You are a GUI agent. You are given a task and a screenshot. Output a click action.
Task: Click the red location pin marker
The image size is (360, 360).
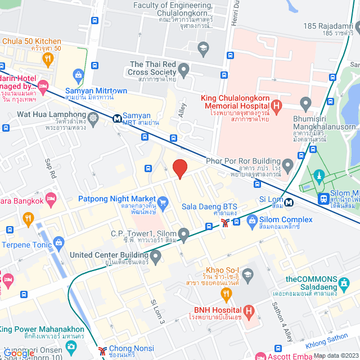point(179,169)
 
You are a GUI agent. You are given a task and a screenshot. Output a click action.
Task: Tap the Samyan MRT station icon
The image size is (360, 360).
point(116,118)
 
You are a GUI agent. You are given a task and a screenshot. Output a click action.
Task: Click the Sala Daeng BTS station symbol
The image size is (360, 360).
point(225,223)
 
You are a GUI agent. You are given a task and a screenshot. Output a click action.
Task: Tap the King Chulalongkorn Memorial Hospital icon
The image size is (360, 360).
point(276,105)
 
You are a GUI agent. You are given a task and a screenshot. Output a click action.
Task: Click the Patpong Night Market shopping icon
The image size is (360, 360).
point(163,202)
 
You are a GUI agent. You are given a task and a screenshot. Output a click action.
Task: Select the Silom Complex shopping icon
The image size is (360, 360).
point(251,219)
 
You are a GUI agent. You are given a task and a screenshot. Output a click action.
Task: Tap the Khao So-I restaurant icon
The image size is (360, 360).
point(227,292)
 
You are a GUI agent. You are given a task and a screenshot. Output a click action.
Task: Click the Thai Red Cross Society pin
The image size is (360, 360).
point(183,70)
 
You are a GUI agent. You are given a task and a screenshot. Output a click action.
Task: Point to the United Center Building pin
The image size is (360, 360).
point(155,257)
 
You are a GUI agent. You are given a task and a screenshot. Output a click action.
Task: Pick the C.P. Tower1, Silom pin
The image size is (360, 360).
point(183,233)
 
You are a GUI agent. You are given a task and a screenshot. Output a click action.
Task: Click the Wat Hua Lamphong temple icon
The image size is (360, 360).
point(92,118)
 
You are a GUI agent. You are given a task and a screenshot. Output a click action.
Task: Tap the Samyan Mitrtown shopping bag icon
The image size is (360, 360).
point(78,74)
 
